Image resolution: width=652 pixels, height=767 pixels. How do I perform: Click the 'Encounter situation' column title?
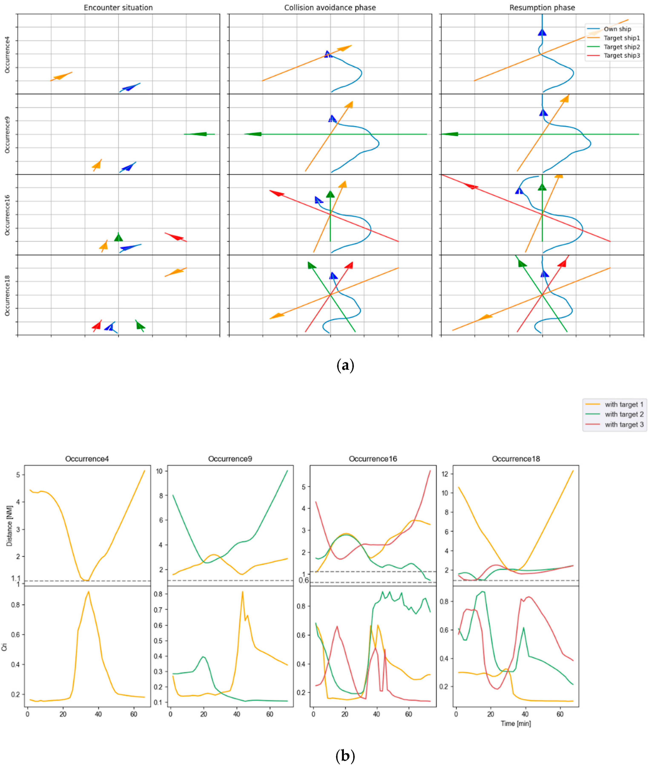pyautogui.click(x=118, y=8)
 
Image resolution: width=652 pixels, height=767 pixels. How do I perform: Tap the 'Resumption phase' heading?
pyautogui.click(x=542, y=8)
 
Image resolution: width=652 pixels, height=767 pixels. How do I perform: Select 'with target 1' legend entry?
pyautogui.click(x=624, y=404)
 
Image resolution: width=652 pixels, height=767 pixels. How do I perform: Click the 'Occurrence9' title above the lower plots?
pyautogui.click(x=230, y=459)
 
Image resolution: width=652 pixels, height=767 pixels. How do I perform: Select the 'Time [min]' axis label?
pyautogui.click(x=516, y=723)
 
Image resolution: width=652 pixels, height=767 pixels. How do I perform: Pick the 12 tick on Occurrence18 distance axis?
pyautogui.click(x=446, y=474)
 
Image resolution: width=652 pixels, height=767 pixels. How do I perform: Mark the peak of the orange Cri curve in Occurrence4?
pyautogui.click(x=88, y=591)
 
